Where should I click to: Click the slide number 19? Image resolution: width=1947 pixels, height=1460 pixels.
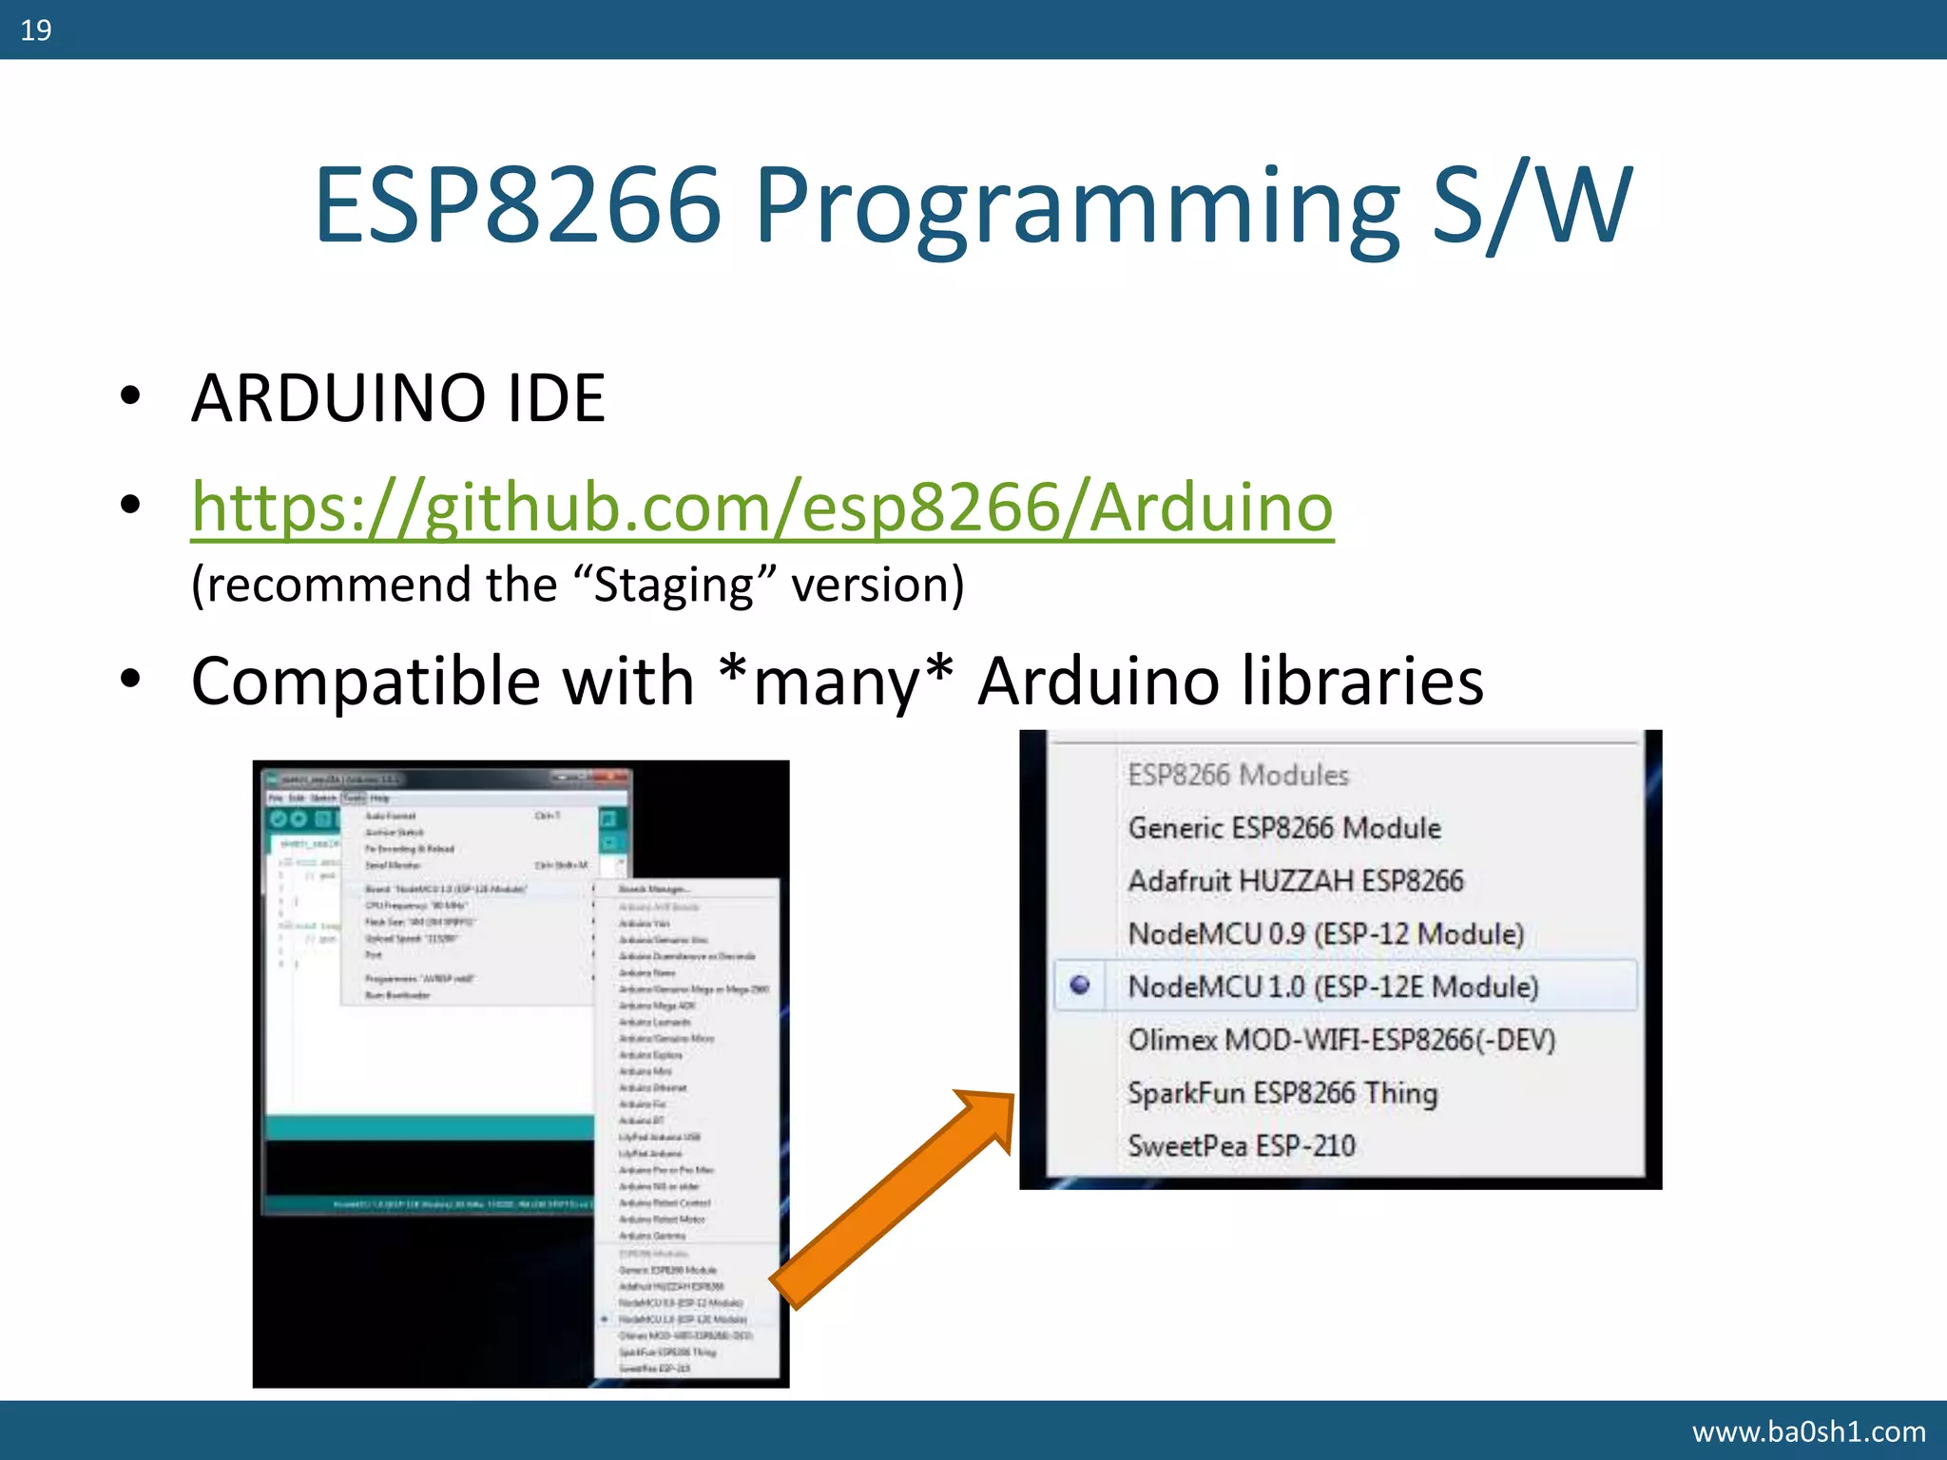36,30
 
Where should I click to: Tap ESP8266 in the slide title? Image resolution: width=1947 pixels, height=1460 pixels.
518,204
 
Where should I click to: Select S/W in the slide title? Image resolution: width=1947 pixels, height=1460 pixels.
1532,204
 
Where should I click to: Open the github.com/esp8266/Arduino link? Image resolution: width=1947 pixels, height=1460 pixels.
761,507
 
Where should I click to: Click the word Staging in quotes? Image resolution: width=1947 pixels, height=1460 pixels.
673,585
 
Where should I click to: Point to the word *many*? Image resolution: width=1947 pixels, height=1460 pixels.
836,682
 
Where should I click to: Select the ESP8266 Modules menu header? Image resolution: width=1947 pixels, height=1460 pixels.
1238,776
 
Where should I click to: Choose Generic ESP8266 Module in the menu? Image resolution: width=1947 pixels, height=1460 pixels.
1284,828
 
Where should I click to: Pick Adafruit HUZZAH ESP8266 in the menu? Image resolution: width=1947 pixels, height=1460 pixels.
1296,881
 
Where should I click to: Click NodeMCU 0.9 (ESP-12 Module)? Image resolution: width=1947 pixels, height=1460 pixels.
1325,934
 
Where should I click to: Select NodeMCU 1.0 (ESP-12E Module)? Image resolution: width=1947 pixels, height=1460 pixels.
1333,987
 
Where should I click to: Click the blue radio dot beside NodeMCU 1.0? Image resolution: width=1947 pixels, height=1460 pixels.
1080,986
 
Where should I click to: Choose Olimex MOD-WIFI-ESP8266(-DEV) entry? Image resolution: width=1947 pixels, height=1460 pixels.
1341,1040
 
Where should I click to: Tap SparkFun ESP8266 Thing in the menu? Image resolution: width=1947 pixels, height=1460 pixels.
1282,1093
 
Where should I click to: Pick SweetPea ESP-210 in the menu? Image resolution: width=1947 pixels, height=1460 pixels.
1242,1146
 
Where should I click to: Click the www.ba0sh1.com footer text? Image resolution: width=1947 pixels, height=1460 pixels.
1808,1431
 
